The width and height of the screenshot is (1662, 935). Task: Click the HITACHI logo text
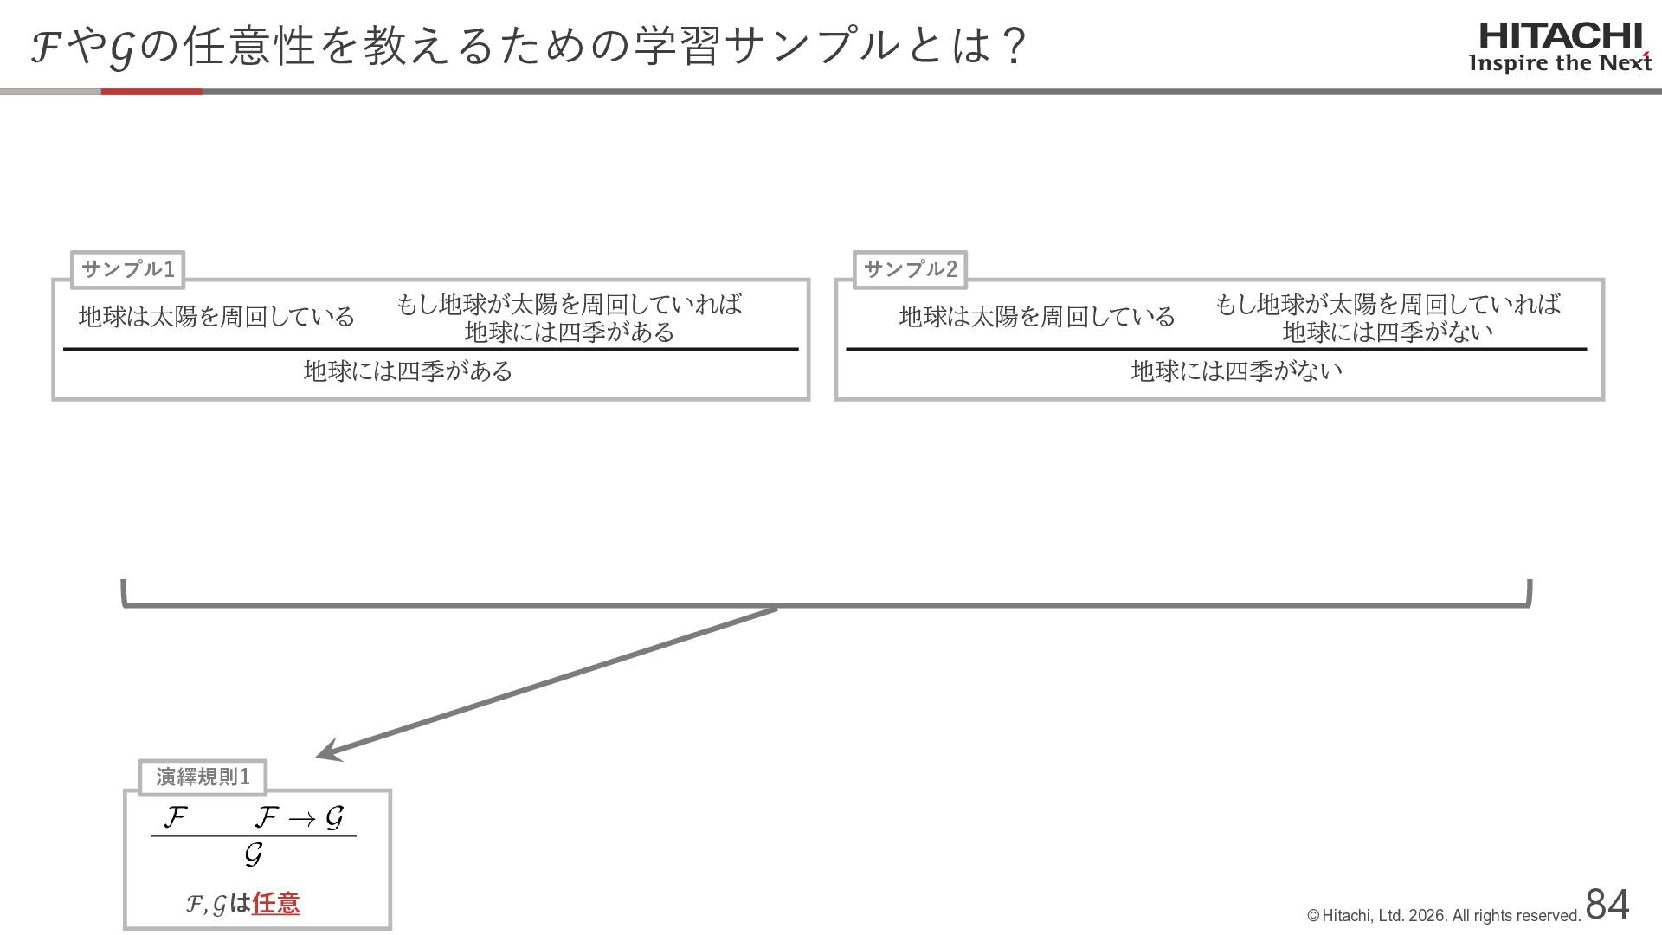click(1561, 35)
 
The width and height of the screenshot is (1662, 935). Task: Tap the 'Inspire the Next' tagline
click(1560, 63)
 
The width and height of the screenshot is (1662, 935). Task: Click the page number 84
click(1607, 905)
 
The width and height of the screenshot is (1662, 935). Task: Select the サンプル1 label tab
click(128, 269)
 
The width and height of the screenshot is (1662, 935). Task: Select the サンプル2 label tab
click(911, 269)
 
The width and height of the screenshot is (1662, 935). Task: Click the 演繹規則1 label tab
click(203, 777)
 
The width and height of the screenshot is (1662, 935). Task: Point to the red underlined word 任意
click(276, 904)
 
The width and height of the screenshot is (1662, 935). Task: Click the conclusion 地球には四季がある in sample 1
click(408, 371)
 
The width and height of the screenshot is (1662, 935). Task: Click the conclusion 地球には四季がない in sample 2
click(1236, 371)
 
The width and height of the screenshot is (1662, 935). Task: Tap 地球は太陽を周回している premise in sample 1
click(216, 317)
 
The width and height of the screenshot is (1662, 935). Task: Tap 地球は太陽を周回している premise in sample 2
click(1037, 317)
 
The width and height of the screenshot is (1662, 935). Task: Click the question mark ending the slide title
click(1010, 45)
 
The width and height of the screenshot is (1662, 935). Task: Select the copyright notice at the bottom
click(1444, 916)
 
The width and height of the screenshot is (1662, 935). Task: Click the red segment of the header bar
click(151, 91)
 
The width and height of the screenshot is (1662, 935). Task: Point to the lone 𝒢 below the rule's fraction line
click(253, 855)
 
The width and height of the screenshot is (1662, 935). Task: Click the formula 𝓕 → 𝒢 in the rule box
click(300, 817)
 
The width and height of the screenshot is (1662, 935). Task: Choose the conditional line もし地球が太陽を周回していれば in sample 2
click(1388, 304)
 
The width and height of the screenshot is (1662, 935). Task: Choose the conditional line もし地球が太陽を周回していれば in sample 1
click(569, 304)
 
